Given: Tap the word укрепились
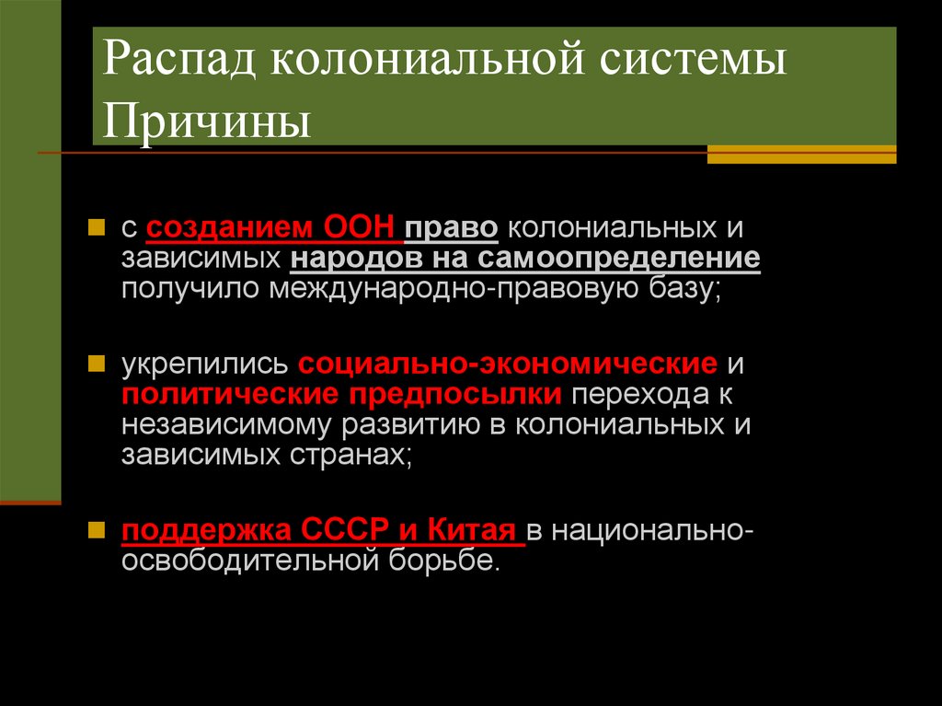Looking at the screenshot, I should tap(205, 363).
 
